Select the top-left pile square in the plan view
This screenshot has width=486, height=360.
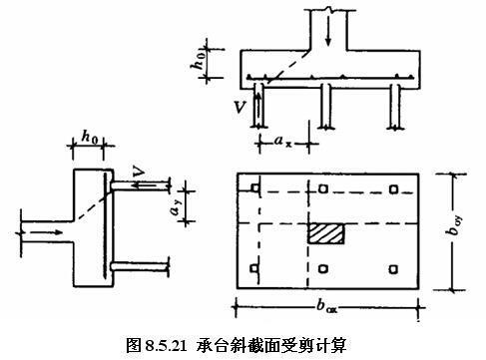click(x=255, y=189)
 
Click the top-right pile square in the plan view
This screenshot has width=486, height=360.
click(x=393, y=189)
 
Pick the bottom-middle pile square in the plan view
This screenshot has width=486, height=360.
click(x=324, y=267)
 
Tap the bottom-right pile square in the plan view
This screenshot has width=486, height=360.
click(x=393, y=267)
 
